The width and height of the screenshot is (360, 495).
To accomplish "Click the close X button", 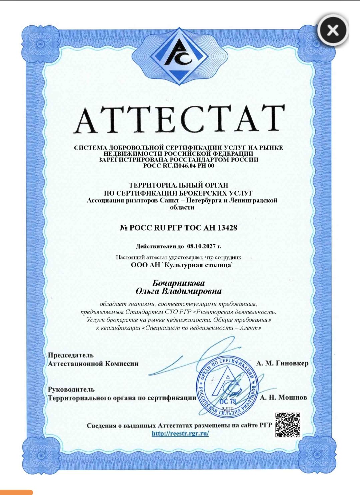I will tap(332, 31).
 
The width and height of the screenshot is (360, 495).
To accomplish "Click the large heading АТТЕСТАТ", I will tap(179, 119).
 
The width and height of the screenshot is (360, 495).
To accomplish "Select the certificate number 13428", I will tap(227, 228).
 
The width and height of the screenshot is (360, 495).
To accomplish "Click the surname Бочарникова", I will tap(178, 283).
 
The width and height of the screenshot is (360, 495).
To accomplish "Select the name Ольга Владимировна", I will tap(178, 291).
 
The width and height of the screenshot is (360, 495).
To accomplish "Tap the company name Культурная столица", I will tap(197, 265).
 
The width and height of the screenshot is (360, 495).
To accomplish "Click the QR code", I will tap(288, 425).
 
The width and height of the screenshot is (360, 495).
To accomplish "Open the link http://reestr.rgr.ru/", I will tap(180, 434).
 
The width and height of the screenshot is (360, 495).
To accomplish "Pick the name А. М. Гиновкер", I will tap(282, 363).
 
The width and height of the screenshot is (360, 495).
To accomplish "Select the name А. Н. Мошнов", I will tap(283, 397).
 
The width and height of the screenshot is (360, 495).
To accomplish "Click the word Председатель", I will tap(71, 355).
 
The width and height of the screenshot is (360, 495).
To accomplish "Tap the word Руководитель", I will tap(71, 389).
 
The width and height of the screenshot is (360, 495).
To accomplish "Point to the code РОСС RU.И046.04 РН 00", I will tap(178, 165).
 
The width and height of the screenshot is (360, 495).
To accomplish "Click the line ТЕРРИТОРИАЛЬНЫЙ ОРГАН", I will tap(178, 185).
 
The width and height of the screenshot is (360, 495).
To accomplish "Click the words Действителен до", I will tap(160, 246).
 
